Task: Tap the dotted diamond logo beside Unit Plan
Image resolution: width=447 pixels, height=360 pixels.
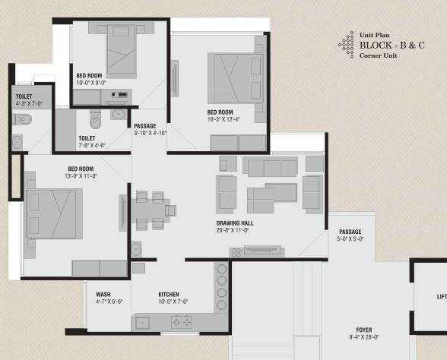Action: (347, 45)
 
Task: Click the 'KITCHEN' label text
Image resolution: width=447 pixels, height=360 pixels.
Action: (169, 294)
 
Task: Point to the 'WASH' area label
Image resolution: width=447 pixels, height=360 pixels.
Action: (103, 294)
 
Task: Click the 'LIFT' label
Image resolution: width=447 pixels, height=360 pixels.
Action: (441, 297)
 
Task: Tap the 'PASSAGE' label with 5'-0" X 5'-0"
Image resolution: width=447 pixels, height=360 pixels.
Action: (350, 232)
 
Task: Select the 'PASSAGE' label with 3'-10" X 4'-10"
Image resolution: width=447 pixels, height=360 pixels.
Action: (144, 125)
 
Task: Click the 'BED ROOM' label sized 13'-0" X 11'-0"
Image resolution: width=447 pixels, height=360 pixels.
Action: (81, 168)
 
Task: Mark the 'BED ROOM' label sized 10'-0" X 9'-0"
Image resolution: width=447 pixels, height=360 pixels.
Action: (89, 75)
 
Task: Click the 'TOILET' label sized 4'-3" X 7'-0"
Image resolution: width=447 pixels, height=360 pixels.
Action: (24, 96)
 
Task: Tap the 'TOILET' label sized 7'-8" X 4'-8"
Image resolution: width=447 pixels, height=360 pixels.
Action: (86, 138)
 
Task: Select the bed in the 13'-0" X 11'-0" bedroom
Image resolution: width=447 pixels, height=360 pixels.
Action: (53, 213)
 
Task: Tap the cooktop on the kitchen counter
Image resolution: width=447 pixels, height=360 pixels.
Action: (182, 322)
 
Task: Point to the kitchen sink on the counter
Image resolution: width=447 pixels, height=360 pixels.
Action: (142, 323)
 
